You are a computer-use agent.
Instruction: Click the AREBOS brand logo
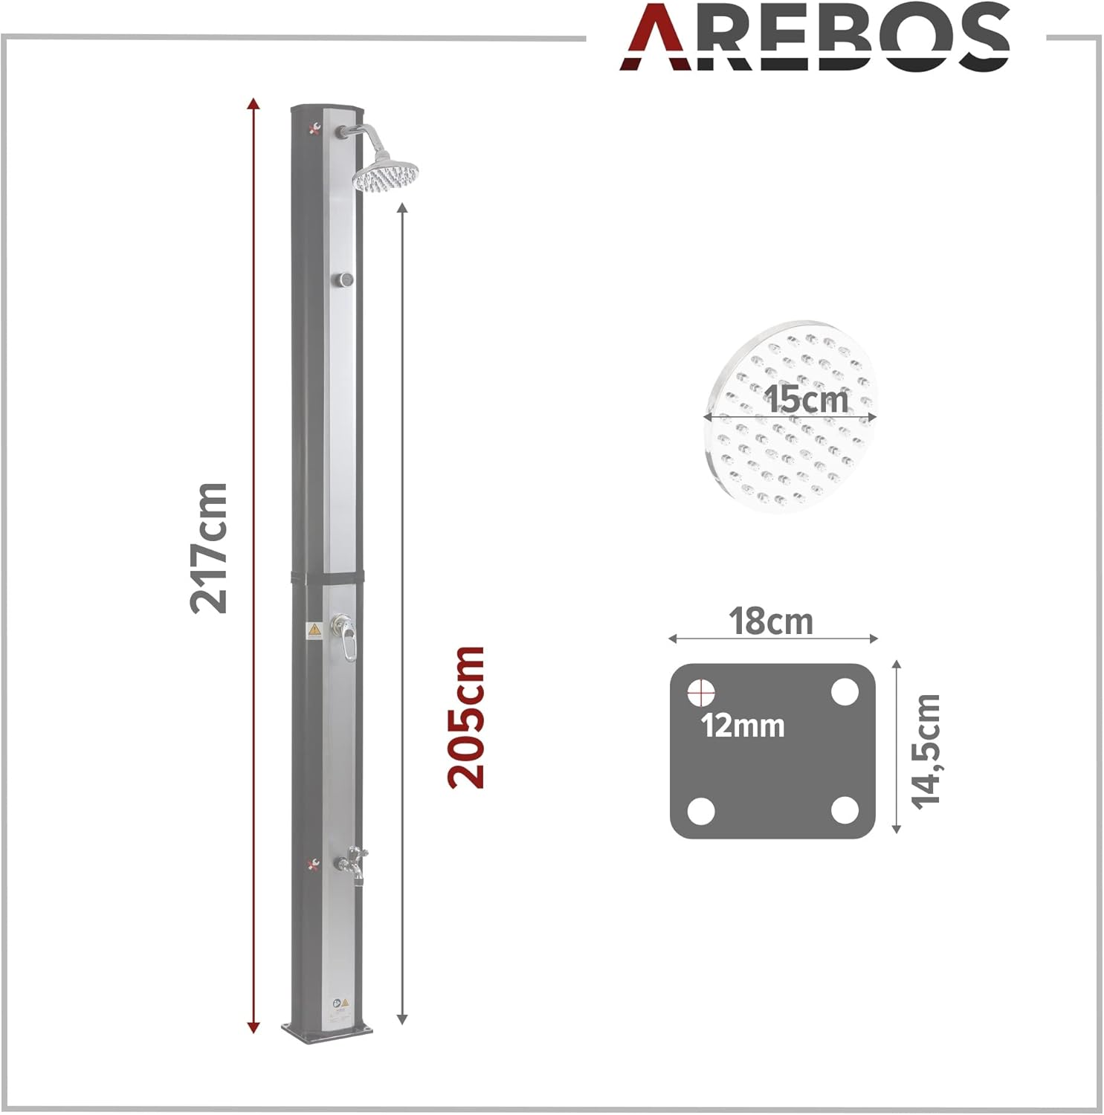815,37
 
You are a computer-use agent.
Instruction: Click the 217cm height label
209,548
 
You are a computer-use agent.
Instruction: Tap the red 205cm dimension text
466,717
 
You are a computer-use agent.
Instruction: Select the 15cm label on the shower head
807,400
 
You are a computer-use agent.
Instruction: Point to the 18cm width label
771,621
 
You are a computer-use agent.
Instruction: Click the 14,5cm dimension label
926,751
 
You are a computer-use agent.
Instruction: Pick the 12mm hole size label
743,725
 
